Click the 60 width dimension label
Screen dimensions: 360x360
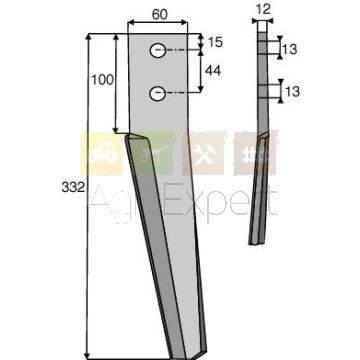(160, 14)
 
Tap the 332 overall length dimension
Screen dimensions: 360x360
(72, 188)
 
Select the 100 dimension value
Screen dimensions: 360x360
(103, 80)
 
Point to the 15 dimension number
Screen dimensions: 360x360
(215, 43)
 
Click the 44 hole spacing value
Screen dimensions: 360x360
(213, 70)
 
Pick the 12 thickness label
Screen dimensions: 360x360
(263, 9)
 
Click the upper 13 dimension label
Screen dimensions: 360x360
(289, 50)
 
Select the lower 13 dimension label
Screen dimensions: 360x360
(292, 91)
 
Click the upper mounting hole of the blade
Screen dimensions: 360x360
(158, 51)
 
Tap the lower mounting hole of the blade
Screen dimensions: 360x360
(158, 93)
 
